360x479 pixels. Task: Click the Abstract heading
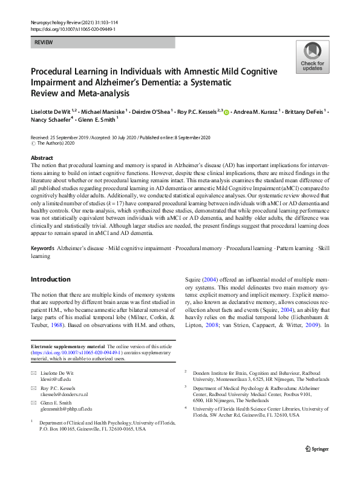click(42, 157)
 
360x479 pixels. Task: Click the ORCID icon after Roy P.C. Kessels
click(227, 111)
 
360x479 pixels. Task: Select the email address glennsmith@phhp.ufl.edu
click(66, 409)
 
